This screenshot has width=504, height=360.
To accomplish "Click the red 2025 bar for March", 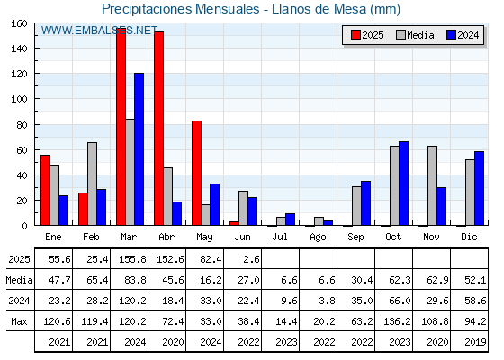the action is [121, 127].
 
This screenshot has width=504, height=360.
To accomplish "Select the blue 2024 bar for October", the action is [404, 184].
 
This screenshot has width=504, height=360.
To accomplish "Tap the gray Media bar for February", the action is [92, 184].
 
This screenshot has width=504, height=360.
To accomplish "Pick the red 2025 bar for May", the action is [197, 173].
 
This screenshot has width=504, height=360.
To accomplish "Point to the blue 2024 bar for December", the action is [479, 188].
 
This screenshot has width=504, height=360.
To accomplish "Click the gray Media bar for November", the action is [432, 185].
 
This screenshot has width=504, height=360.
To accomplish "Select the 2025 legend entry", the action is [367, 35].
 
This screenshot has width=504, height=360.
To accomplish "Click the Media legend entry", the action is [415, 35].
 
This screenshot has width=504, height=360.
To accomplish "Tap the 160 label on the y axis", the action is [20, 23].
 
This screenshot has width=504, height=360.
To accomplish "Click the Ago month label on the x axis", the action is [318, 238].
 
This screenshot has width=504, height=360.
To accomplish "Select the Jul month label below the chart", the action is [280, 237].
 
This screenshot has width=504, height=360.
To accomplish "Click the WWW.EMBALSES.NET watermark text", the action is [99, 31].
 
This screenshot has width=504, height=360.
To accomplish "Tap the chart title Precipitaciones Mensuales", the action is [180, 9].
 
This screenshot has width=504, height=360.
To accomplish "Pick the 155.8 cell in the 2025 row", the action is [132, 259].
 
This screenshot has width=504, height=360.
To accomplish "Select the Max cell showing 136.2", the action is [397, 321].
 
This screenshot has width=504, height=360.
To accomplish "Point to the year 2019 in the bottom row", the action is [475, 342].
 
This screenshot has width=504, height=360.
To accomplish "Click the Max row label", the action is [19, 321].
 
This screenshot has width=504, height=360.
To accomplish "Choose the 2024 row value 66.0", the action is [400, 301].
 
